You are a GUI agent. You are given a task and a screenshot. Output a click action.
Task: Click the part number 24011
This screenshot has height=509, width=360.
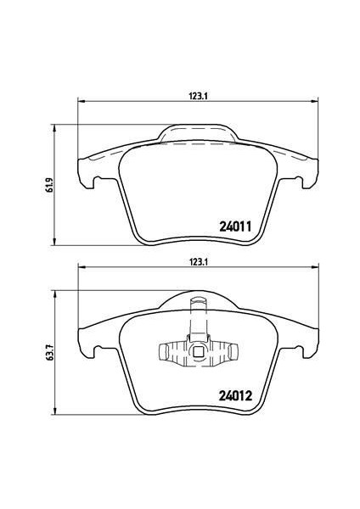click(x=235, y=227)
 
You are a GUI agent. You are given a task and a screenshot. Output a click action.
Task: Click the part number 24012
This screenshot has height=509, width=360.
click(x=235, y=395)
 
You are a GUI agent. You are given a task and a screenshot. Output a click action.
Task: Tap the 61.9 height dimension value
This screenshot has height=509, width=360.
click(x=48, y=185)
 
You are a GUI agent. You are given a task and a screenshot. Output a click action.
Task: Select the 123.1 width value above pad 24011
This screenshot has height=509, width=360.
click(x=198, y=96)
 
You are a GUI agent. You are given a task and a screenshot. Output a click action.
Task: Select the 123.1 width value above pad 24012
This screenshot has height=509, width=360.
click(x=198, y=262)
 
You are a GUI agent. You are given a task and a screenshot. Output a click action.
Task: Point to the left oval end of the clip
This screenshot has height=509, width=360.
click(x=163, y=352)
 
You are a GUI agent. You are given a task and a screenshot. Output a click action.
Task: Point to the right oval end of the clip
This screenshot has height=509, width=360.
click(x=233, y=352)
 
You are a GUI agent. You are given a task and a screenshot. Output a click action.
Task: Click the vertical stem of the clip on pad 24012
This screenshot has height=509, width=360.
click(x=198, y=319)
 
